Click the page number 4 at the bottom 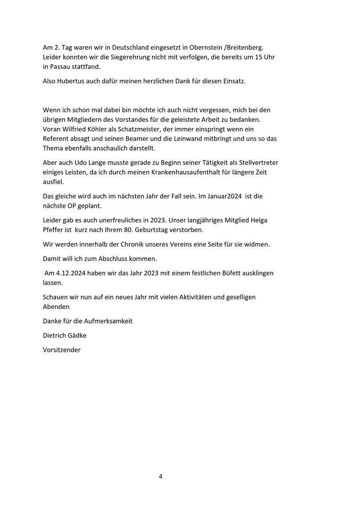[161, 476]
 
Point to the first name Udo [83, 162]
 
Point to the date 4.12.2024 [70, 273]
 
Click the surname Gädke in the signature [76, 335]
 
